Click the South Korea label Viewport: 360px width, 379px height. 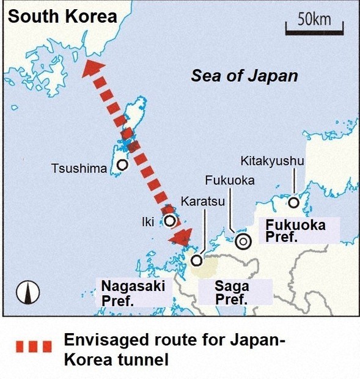click(x=62, y=16)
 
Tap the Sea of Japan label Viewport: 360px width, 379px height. click(x=244, y=76)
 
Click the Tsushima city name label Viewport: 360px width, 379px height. click(x=79, y=168)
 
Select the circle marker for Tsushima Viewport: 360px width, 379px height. click(x=122, y=164)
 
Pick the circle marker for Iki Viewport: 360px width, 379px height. click(x=169, y=221)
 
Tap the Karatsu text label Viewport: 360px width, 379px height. click(x=199, y=201)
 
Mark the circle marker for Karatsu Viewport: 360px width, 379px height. click(x=197, y=260)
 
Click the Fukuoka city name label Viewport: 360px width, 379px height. click(x=230, y=181)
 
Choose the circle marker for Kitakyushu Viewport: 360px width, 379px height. click(x=294, y=202)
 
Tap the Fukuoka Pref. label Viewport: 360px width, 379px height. click(x=295, y=231)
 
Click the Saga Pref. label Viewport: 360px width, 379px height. click(x=232, y=293)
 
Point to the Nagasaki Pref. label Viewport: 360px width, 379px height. click(x=133, y=293)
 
